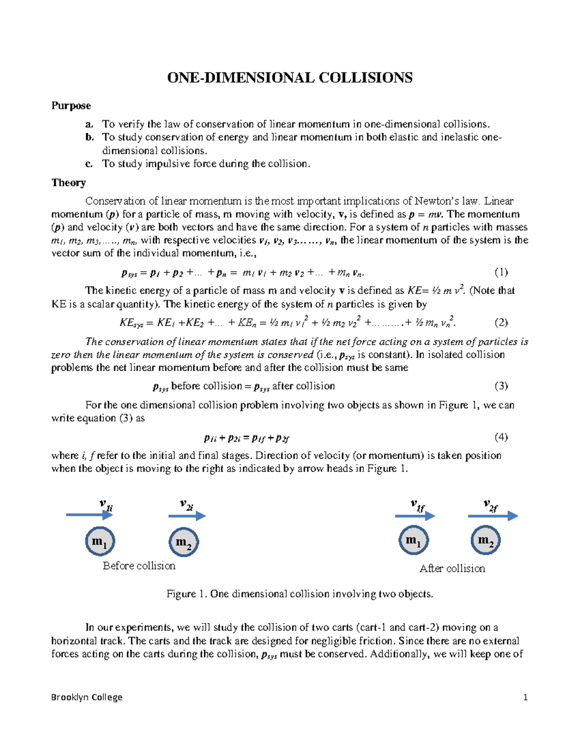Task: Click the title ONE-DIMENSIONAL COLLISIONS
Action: click(290, 78)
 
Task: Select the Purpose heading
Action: click(71, 106)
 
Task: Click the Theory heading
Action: click(69, 183)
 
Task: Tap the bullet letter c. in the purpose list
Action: click(89, 164)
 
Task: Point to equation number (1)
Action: click(501, 272)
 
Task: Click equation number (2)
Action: click(501, 323)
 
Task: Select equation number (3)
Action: click(501, 386)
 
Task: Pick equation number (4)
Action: click(501, 438)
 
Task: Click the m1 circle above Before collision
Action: click(100, 541)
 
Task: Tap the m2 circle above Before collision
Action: click(184, 542)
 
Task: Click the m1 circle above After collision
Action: click(414, 540)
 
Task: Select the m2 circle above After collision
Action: click(485, 540)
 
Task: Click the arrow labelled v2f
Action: click(493, 516)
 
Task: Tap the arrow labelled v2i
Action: click(187, 516)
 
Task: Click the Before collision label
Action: click(139, 566)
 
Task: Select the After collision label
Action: click(452, 568)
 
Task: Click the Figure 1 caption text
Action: click(300, 594)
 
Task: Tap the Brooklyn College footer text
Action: click(87, 697)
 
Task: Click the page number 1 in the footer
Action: click(525, 697)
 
